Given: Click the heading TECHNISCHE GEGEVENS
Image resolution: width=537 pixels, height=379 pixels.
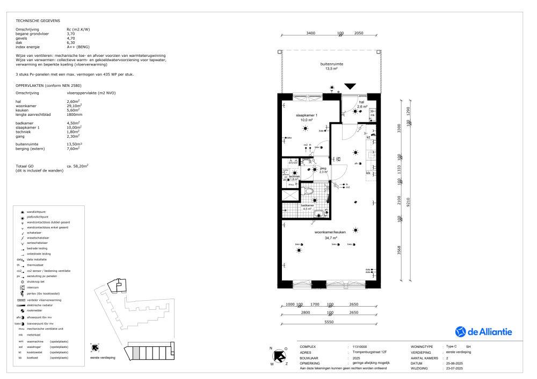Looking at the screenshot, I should click(38, 20).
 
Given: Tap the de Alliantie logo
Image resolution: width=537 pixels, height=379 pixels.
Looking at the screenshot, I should click(483, 332).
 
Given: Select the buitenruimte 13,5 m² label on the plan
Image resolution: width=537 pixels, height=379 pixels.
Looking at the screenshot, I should click(331, 66).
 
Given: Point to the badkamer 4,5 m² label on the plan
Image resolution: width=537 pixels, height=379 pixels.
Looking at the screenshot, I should click(307, 206).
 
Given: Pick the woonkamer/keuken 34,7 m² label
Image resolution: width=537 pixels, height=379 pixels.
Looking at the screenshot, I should click(334, 235).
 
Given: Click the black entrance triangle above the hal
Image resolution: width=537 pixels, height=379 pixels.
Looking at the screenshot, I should click(350, 86).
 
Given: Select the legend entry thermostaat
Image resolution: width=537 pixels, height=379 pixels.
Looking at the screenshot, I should click(36, 265).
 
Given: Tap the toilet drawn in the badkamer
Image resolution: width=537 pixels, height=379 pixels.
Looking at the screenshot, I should click(308, 190).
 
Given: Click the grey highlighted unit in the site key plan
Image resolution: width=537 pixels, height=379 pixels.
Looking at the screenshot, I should click(136, 352).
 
